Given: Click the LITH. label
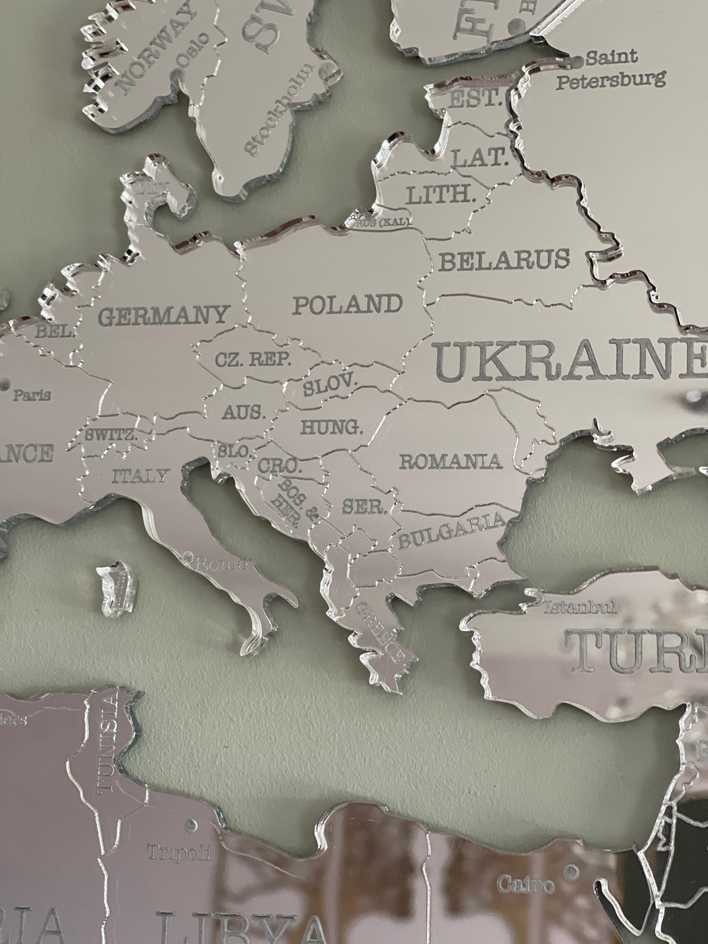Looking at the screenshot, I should (x=441, y=196).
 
